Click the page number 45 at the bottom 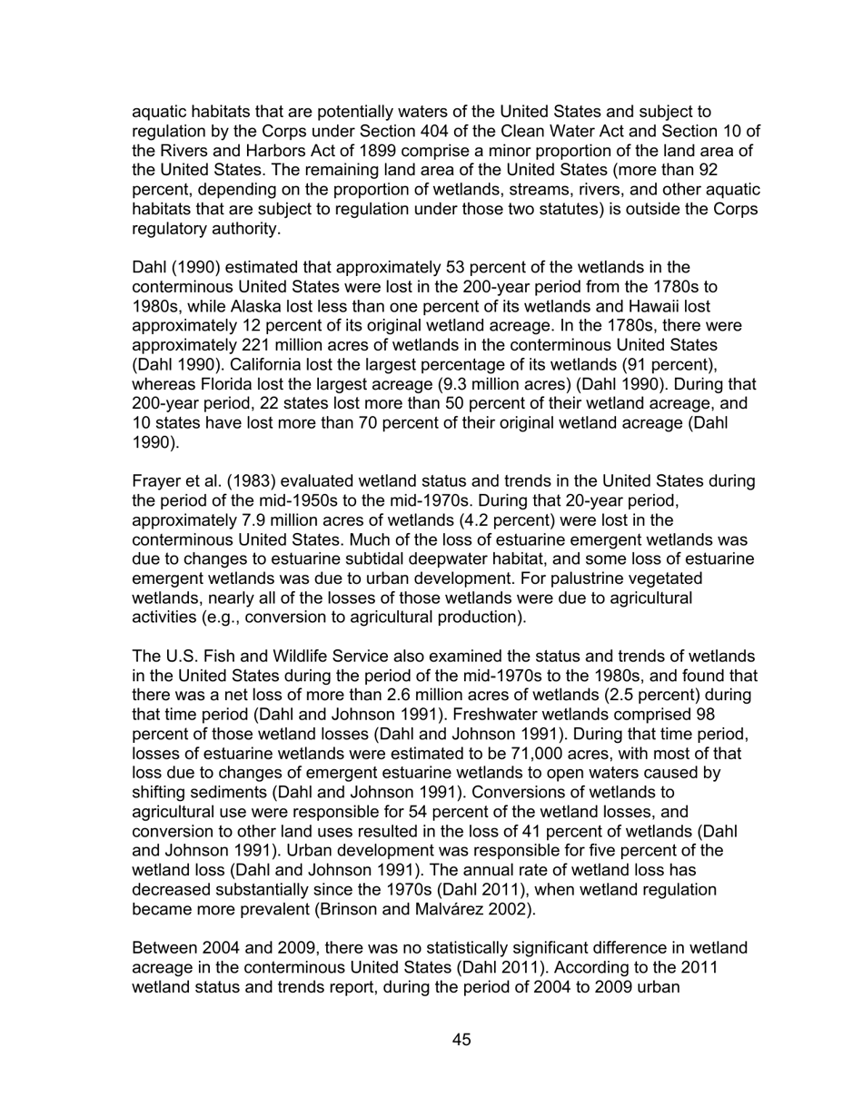click(461, 1040)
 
